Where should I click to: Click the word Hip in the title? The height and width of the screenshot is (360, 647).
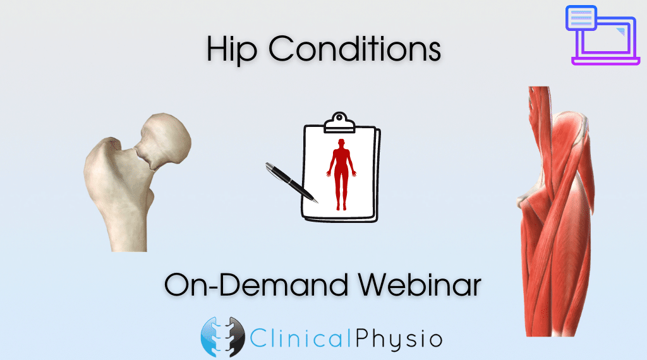[x=232, y=49]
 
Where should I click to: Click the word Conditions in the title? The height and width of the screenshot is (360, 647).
[x=354, y=48]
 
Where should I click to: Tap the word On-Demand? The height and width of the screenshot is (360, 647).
[x=256, y=284]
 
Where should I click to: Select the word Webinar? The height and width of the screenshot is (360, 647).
[x=420, y=284]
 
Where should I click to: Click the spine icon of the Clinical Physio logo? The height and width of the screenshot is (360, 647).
[x=223, y=337]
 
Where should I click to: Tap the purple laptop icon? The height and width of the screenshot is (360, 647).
[x=602, y=35]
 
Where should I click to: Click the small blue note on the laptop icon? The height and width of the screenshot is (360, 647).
[x=581, y=18]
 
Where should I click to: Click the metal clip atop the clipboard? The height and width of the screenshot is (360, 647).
[x=339, y=123]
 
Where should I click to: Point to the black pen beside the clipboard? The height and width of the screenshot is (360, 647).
[x=291, y=182]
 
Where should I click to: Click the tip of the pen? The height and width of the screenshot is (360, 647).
[x=317, y=203]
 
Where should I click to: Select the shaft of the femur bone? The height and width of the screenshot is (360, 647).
[x=128, y=223]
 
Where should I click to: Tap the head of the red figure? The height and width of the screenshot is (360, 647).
[x=341, y=143]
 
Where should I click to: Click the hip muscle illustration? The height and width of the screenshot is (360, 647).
[x=555, y=211]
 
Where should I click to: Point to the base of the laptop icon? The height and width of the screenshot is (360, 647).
[x=606, y=61]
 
